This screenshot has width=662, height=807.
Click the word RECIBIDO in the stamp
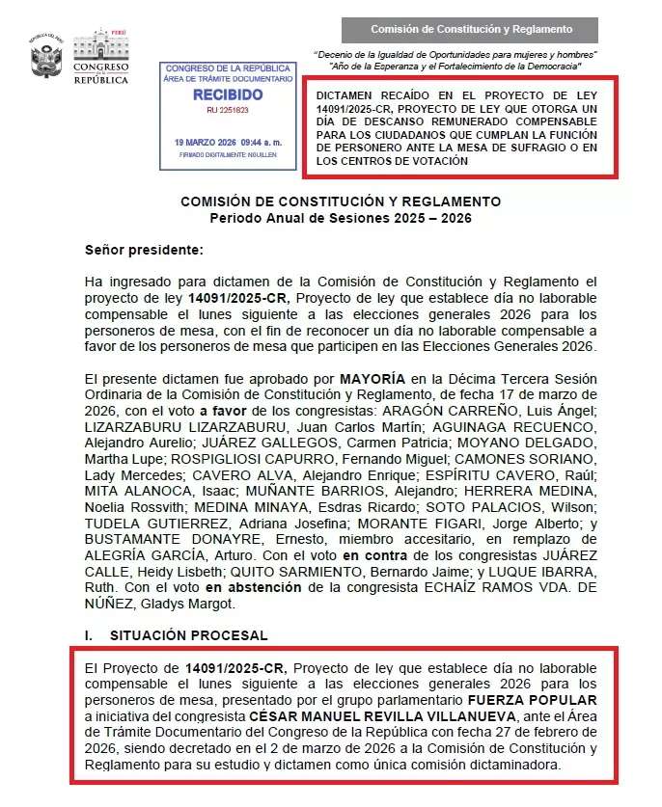tap(227, 95)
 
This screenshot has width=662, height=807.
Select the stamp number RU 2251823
tap(228, 111)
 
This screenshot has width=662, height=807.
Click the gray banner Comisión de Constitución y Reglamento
tap(471, 30)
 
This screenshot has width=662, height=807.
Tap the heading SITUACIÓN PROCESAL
tap(188, 636)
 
